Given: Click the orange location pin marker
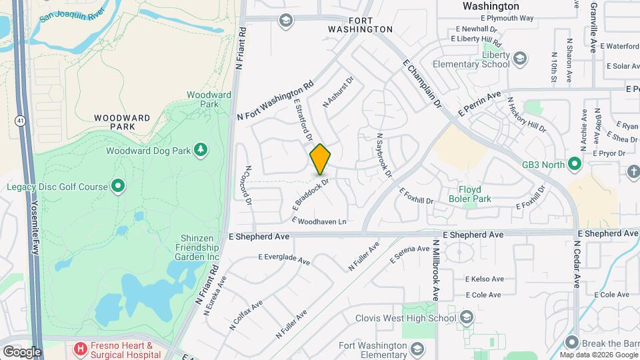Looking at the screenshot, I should (320, 160).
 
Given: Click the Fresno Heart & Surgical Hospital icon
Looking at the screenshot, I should (81, 348).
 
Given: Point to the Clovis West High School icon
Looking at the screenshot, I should (466, 317).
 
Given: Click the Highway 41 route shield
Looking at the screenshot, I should (21, 120).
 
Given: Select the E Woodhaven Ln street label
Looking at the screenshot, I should (319, 221).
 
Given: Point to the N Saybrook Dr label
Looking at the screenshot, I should (382, 153).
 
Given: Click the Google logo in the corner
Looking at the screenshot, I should (22, 351).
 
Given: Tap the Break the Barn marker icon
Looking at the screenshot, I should (571, 343).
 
